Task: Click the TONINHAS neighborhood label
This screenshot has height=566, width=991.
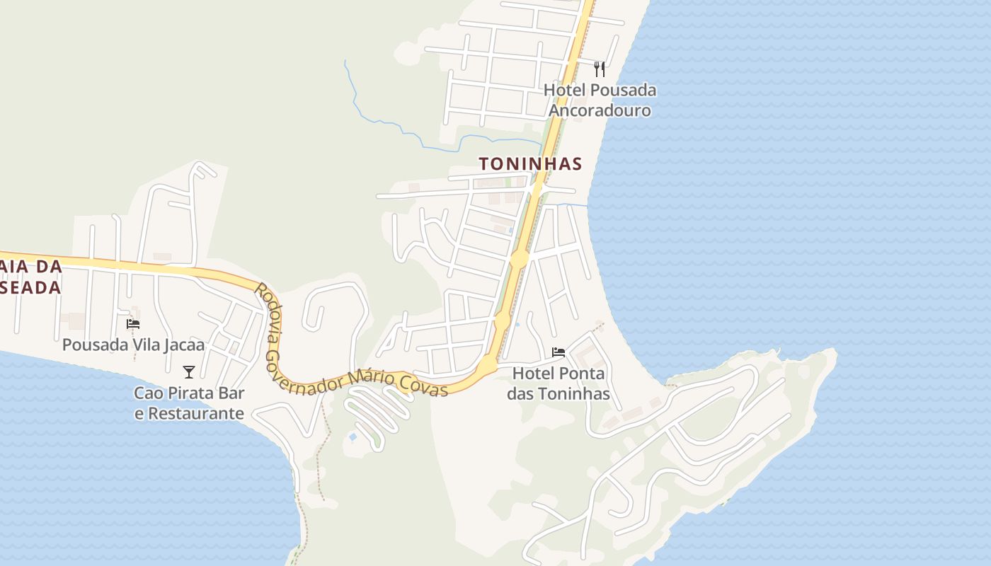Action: [x=530, y=164]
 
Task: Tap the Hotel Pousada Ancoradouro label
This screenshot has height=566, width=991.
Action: [x=600, y=100]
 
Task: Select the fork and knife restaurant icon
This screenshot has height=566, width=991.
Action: [x=600, y=69]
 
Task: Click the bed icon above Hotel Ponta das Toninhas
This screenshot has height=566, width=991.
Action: [x=558, y=352]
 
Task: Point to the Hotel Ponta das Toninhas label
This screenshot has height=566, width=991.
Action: [x=558, y=383]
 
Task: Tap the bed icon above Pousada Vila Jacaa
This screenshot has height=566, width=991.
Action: [x=133, y=324]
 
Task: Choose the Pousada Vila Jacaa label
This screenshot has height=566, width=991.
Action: [x=133, y=345]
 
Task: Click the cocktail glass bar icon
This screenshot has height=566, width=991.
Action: [x=189, y=371]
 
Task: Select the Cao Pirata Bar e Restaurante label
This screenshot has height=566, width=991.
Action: [x=190, y=403]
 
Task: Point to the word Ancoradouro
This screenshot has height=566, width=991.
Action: [x=600, y=110]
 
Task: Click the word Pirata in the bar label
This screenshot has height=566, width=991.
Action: [x=197, y=393]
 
